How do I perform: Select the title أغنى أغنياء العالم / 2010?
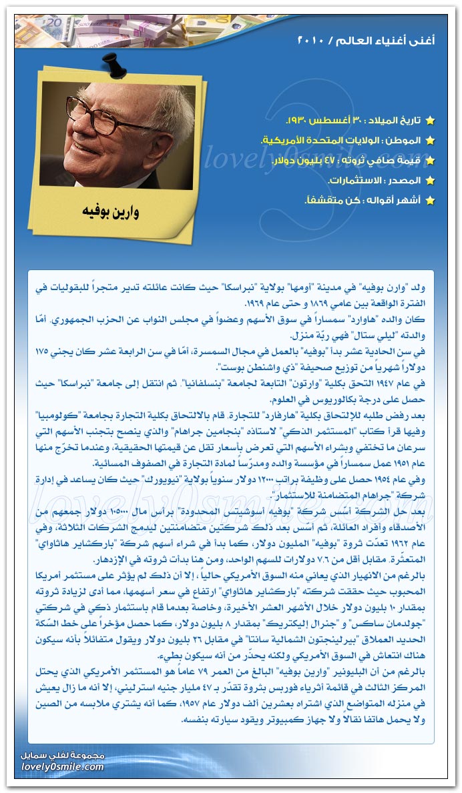[367, 41]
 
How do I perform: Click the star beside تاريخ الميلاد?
[430, 121]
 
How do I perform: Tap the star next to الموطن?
[430, 141]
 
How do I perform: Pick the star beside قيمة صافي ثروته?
[430, 161]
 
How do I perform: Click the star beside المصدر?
[430, 181]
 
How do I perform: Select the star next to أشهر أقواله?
[430, 200]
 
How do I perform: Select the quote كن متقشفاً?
[327, 200]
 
